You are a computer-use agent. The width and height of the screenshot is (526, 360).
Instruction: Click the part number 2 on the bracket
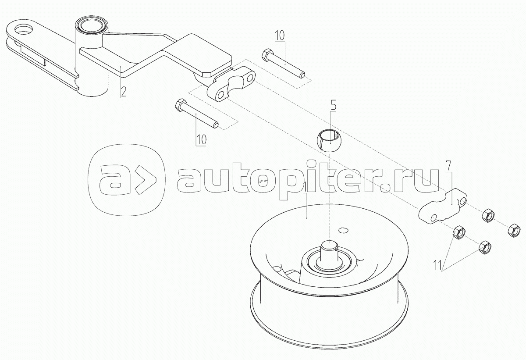pos(123,92)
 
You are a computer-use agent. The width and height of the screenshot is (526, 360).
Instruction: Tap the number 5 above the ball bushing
pos(334,105)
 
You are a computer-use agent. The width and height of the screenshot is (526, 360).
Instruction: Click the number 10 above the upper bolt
pos(280,35)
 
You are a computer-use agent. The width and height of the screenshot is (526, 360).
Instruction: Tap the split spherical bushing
pos(327,139)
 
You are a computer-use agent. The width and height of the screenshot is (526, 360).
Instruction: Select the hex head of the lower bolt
pos(180,105)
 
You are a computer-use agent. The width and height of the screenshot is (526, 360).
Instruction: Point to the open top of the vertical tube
pos(90,24)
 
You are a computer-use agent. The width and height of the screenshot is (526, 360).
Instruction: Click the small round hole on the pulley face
pos(344,228)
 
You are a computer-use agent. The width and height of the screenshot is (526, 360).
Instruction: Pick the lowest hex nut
pos(484,247)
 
